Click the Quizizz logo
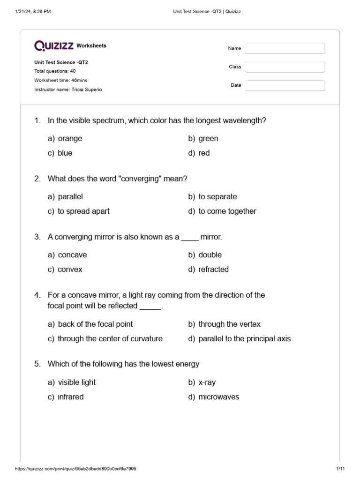(x=53, y=45)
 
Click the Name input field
(x=285, y=48)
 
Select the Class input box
(x=285, y=67)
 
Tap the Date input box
(x=285, y=85)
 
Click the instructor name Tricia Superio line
(x=67, y=90)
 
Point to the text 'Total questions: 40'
(x=55, y=71)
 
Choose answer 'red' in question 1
(x=204, y=153)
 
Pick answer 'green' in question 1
(x=208, y=138)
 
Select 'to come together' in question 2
(x=227, y=211)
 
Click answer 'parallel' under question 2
(x=70, y=196)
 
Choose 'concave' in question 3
(x=72, y=255)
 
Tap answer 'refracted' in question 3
(x=213, y=269)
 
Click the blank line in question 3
(x=190, y=238)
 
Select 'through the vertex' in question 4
(x=229, y=324)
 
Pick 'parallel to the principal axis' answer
(x=244, y=338)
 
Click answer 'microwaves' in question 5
(x=218, y=397)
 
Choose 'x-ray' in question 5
(x=207, y=382)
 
